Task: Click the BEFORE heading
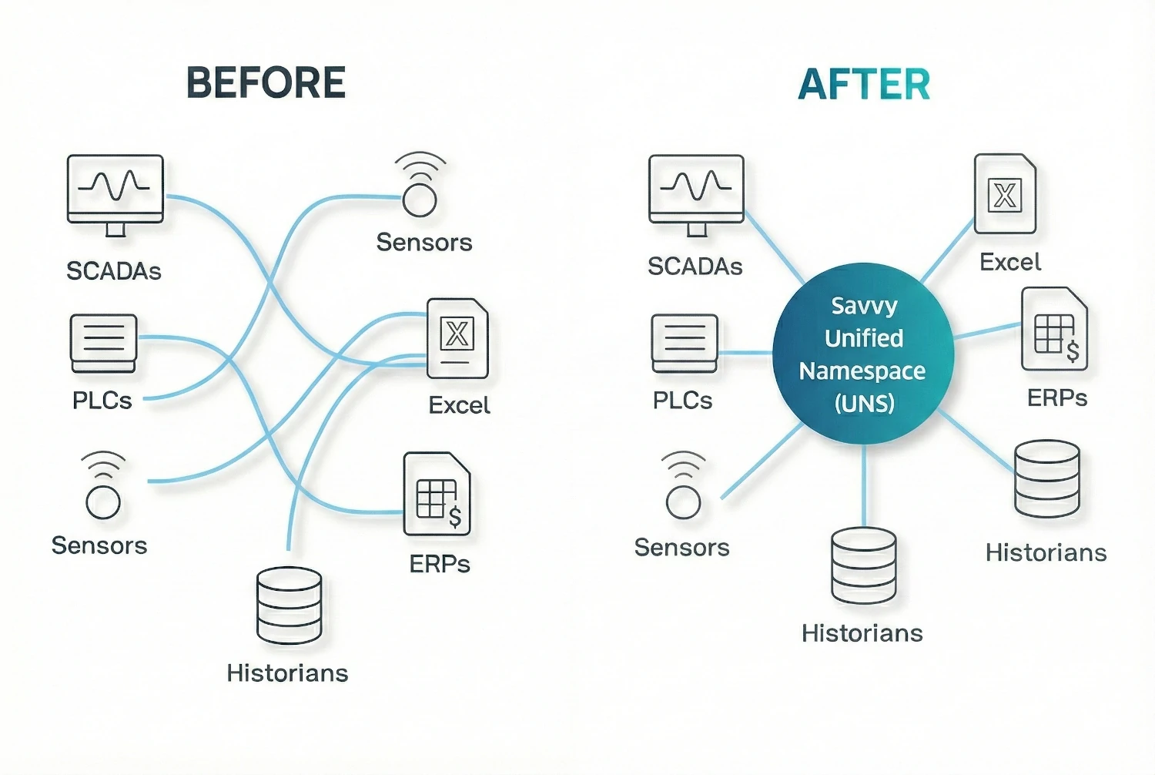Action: [x=266, y=82]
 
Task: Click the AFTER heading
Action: [x=864, y=84]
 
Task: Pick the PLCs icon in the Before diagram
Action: [x=103, y=341]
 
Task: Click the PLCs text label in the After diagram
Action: [x=682, y=401]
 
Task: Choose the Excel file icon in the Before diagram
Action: [x=457, y=338]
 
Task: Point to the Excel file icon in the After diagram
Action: [x=1005, y=193]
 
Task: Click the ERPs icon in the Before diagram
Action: [x=437, y=495]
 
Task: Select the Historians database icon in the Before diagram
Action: [x=289, y=606]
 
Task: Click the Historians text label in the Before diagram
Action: [x=287, y=673]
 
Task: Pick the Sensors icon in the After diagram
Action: [x=683, y=485]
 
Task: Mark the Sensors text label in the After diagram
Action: [x=681, y=548]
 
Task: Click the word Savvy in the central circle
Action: [x=864, y=306]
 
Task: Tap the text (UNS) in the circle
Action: [x=864, y=403]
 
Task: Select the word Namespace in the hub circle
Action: [x=862, y=371]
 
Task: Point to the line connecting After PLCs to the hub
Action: [x=745, y=353]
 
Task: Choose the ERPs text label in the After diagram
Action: [x=1057, y=398]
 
